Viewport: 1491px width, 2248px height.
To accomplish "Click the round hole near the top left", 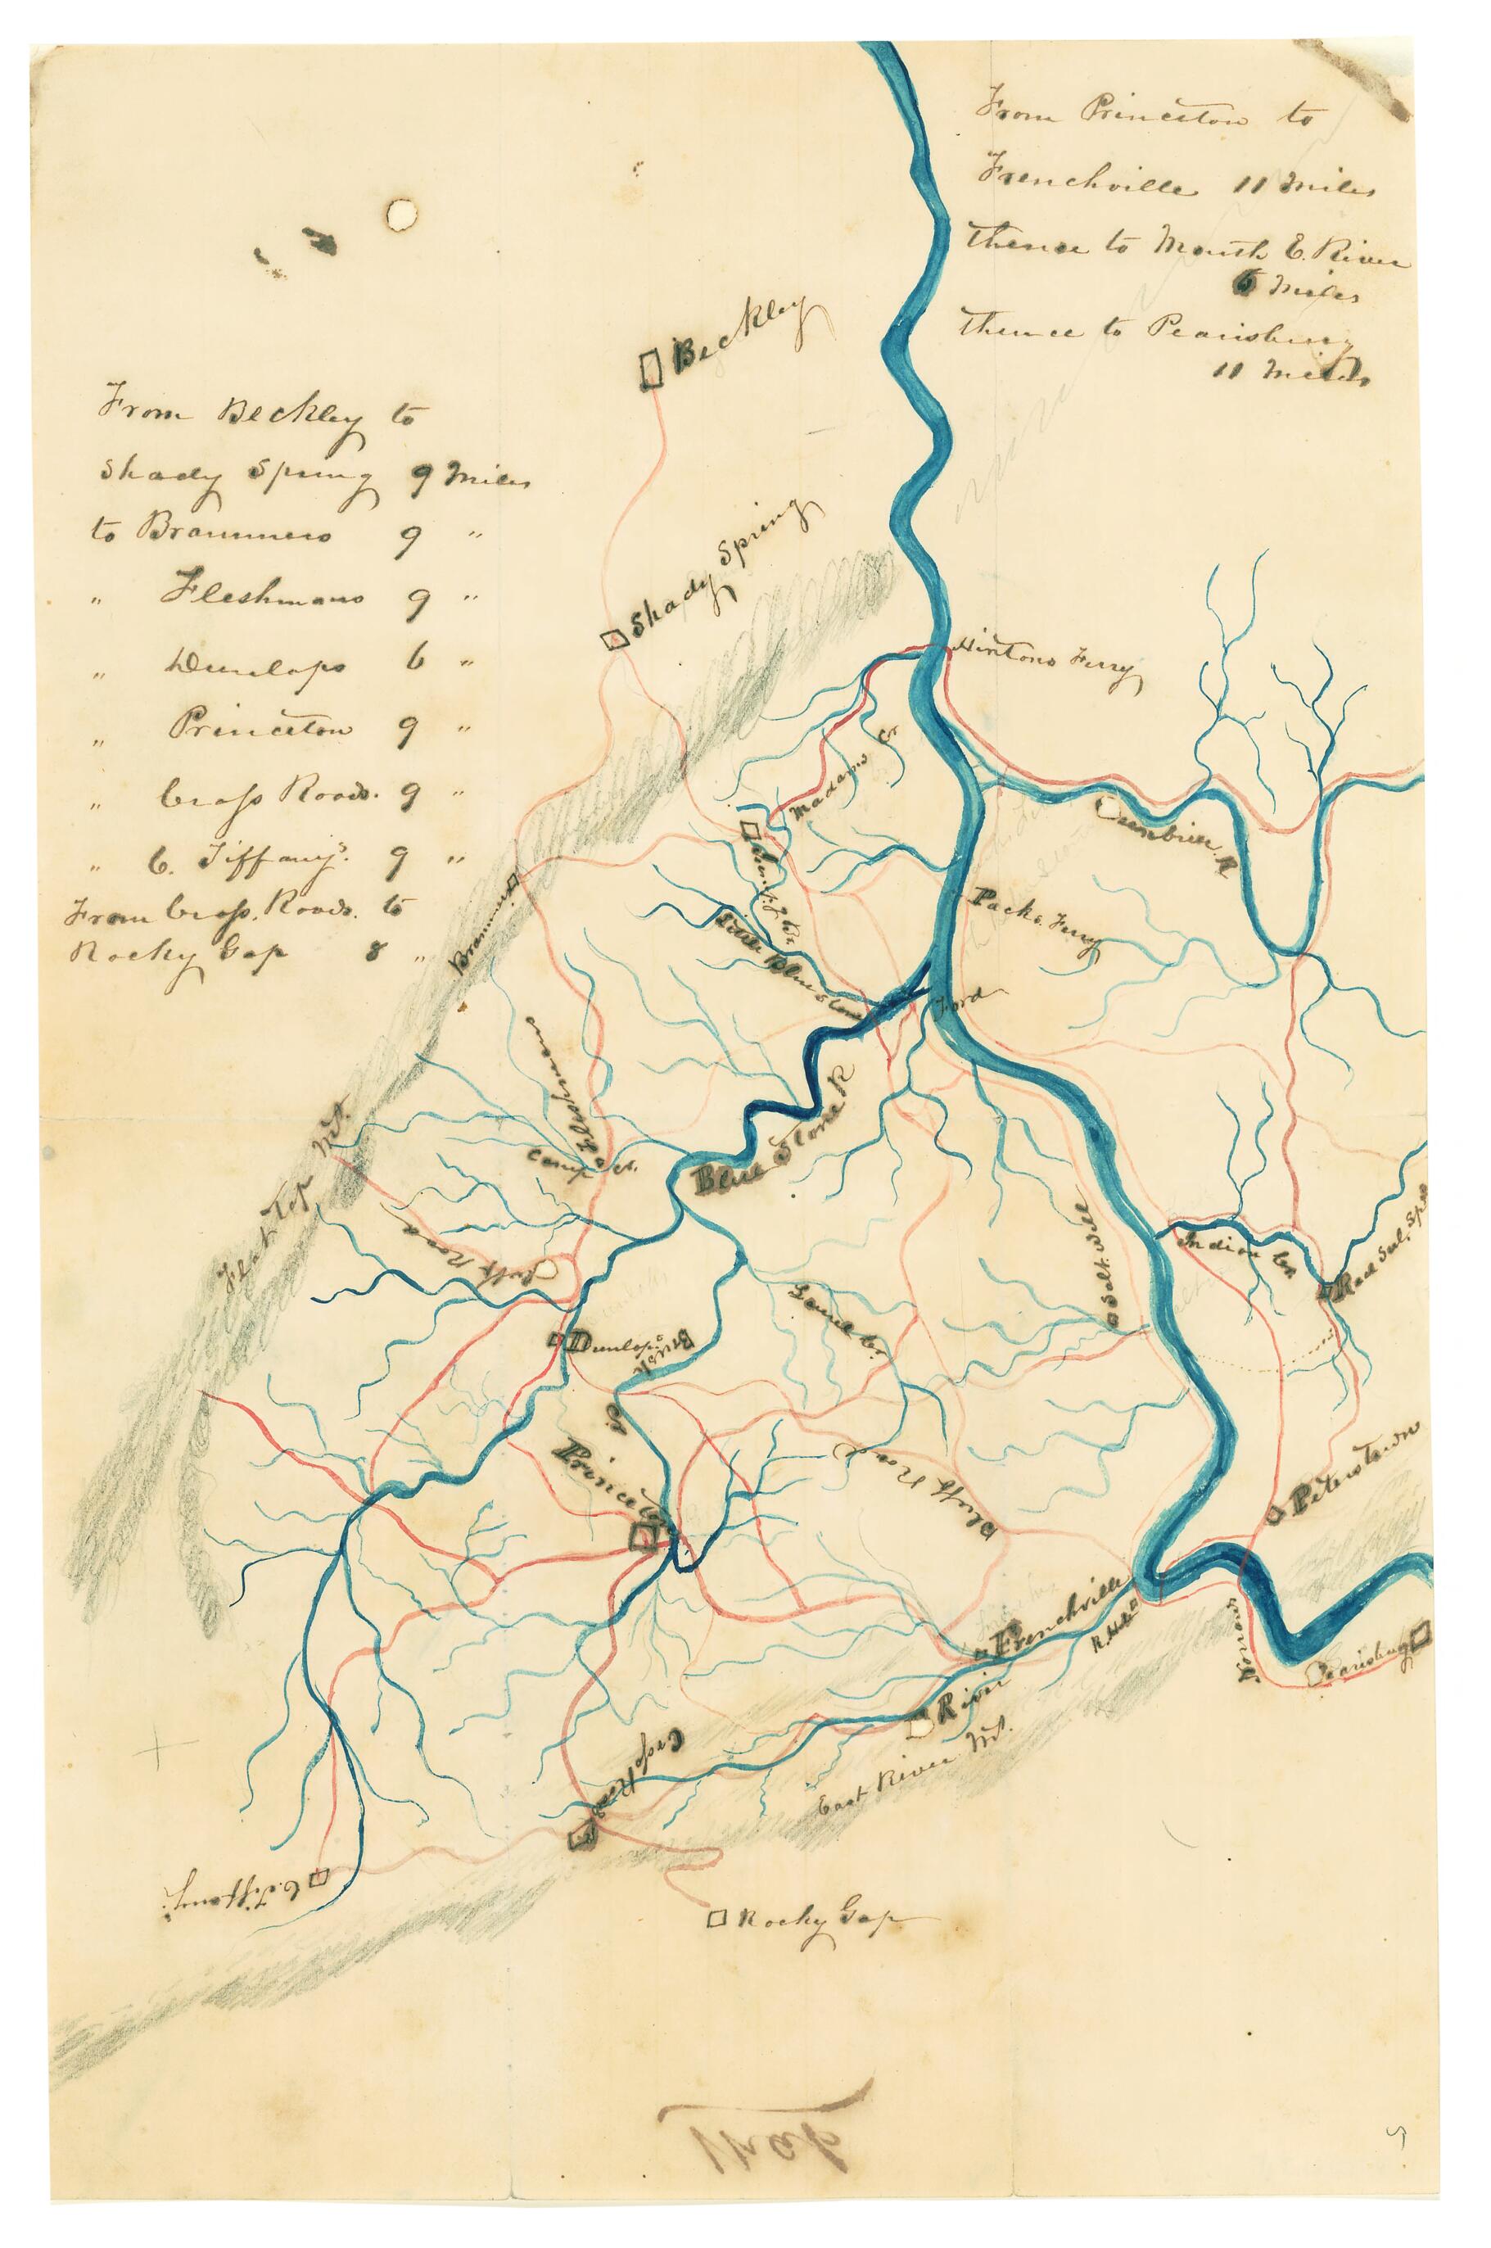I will pyautogui.click(x=400, y=214).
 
